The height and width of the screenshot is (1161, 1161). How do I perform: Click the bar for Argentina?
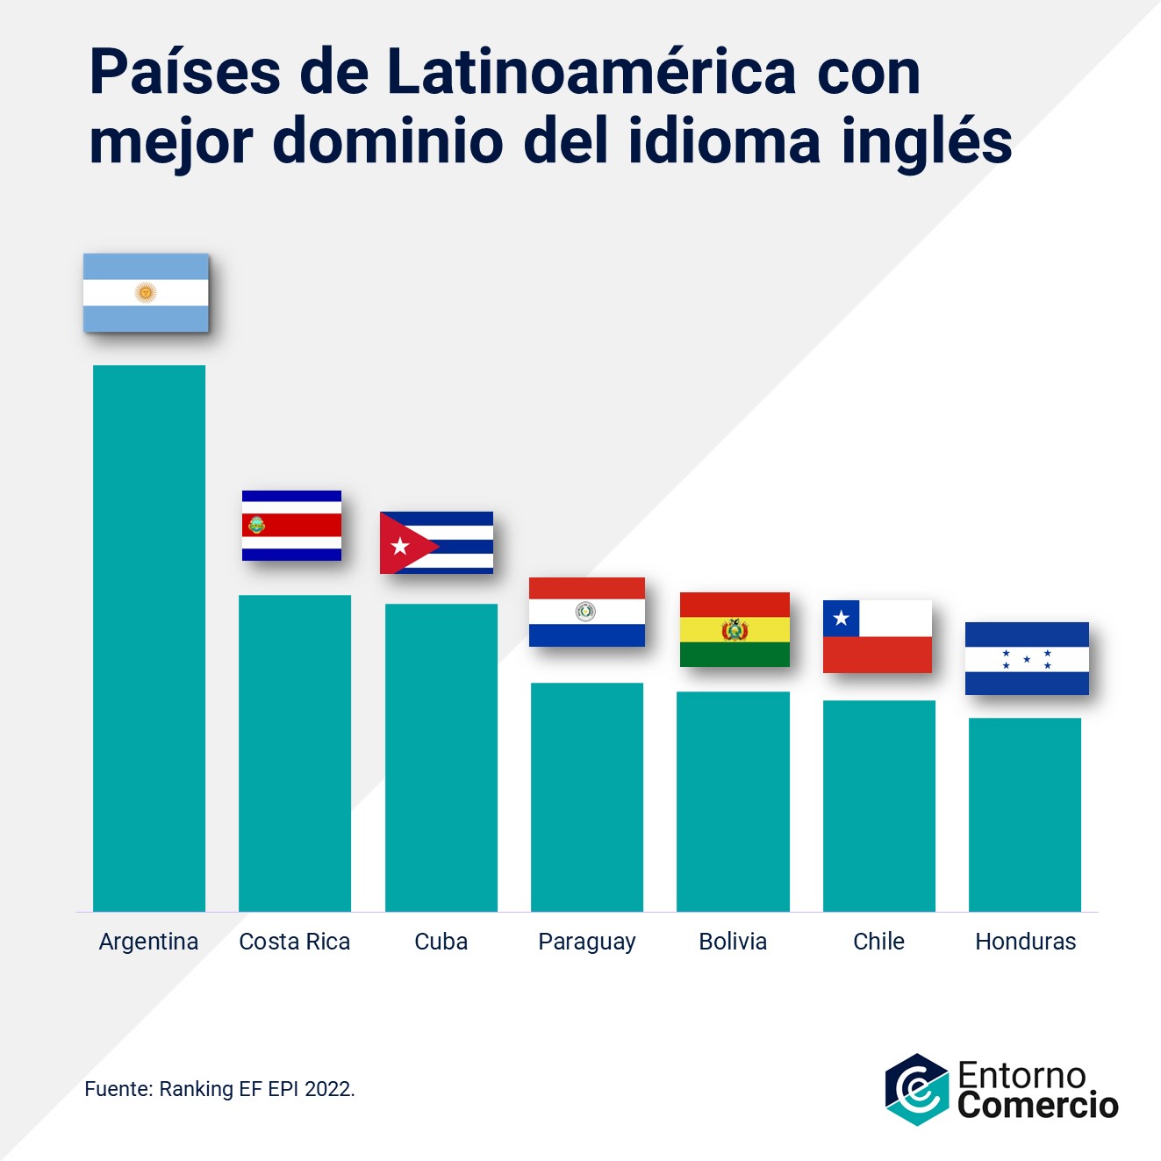coord(149,638)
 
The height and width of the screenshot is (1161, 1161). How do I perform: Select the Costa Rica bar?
coord(295,753)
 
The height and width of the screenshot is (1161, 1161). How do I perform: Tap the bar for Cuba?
coord(441,757)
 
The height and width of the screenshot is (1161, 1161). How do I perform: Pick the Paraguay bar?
coord(587,797)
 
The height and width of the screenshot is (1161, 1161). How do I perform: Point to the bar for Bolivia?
coord(733,801)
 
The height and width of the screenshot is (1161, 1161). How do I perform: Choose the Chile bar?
coord(878,806)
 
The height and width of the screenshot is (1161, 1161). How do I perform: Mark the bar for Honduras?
coord(1025,814)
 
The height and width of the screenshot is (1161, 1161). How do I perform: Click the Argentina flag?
coord(146,293)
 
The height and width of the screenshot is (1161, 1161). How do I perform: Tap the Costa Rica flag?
coord(291,526)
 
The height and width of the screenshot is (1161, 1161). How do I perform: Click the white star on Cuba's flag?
coord(400,547)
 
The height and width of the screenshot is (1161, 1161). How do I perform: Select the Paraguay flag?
coord(587,612)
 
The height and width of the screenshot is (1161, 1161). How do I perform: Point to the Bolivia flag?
coord(735,629)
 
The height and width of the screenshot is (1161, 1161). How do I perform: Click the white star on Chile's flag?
coord(841,618)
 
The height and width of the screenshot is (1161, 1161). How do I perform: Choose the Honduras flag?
coord(1027,658)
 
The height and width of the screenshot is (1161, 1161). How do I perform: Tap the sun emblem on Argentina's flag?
coord(146,293)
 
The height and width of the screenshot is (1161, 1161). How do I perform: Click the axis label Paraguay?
coord(587,942)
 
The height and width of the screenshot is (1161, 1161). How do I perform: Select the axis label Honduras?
coord(1025,942)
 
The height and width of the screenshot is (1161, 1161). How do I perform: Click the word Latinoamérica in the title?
coord(591,72)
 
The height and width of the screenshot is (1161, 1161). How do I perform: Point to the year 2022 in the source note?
coord(328,1089)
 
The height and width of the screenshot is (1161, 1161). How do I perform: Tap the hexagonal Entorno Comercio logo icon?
coord(916,1089)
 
